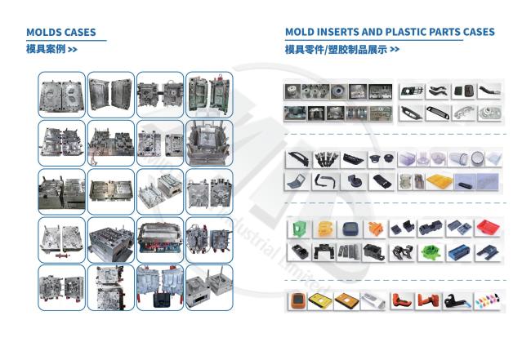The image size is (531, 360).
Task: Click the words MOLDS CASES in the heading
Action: (60, 33)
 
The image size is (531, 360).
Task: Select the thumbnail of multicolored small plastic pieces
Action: (489, 303)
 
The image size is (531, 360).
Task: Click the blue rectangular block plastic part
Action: (458, 251)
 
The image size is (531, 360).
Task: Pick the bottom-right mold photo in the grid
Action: (209, 287)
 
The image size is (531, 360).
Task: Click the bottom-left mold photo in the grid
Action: (61, 287)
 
